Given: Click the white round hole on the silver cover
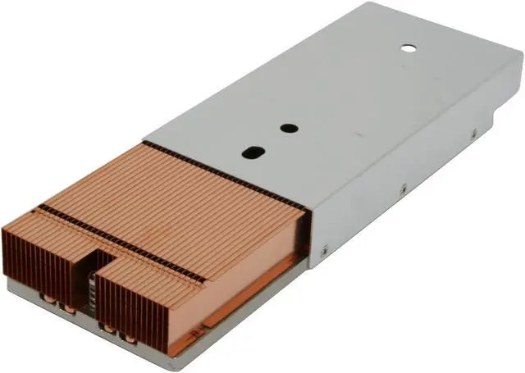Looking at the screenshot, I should (408, 46).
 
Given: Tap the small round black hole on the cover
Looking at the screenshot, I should (288, 128).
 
